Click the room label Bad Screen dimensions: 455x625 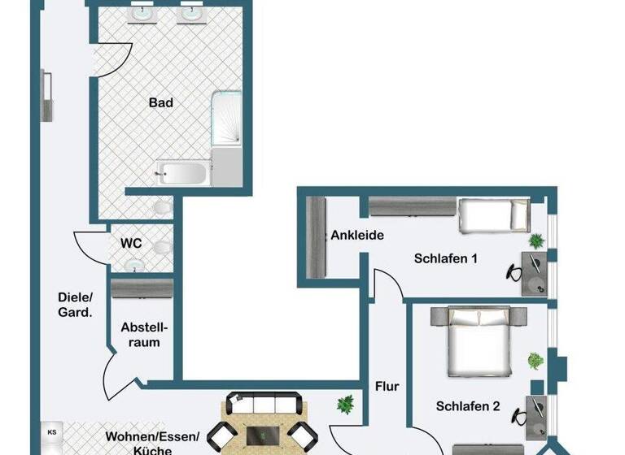click(161, 103)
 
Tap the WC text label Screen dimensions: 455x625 click(132, 243)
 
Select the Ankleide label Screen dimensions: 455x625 click(356, 236)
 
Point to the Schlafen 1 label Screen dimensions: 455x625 click(445, 259)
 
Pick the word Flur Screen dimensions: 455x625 click(387, 387)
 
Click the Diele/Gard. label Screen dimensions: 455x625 click(76, 303)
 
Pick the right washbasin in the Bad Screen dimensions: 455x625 click(193, 14)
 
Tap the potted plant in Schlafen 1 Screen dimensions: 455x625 click(535, 240)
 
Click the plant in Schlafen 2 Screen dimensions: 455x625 click(535, 361)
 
